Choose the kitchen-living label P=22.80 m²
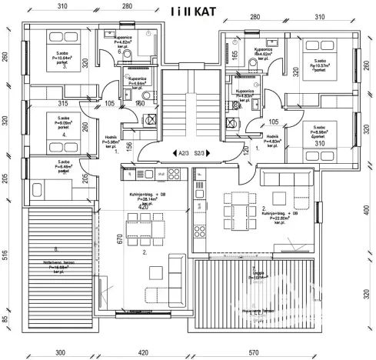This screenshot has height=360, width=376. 280,215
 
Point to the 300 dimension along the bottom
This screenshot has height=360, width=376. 58,352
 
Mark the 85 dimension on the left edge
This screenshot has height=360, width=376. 6,319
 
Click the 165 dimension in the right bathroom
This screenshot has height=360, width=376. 235,57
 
